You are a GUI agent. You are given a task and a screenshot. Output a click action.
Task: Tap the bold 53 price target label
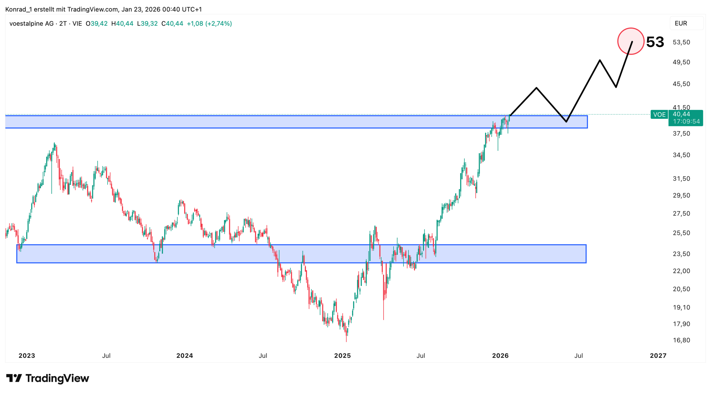coord(655,42)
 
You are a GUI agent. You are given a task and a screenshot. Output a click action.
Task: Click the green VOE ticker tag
coord(659,115)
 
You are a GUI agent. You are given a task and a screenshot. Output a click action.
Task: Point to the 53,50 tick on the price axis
coord(681,42)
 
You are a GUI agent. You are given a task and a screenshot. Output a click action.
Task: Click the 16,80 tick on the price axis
coord(681,340)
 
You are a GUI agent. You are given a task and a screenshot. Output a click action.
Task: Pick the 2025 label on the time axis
coord(342,355)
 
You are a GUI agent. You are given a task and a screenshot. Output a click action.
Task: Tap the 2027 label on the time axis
coord(658,355)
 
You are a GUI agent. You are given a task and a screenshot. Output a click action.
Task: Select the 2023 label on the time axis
coord(27,355)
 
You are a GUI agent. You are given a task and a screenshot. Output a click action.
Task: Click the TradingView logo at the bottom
coord(48,378)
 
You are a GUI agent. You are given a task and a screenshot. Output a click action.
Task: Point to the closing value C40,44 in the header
coord(172,24)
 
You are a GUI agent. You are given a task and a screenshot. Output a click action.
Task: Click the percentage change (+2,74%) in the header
coord(218,24)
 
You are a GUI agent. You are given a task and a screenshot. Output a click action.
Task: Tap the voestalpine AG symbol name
coord(31,24)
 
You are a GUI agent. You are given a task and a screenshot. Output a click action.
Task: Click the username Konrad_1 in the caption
coord(18,9)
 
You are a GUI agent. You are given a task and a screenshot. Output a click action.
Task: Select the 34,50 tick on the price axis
coord(681,155)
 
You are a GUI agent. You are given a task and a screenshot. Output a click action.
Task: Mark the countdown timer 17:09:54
coord(686,121)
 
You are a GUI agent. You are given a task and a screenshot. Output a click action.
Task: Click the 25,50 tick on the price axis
coord(681,233)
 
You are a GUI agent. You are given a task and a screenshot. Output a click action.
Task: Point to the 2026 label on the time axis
coord(500,355)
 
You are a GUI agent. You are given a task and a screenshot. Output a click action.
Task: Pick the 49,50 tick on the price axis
coord(681,62)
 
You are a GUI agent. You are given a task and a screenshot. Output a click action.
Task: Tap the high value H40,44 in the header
coord(122,24)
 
